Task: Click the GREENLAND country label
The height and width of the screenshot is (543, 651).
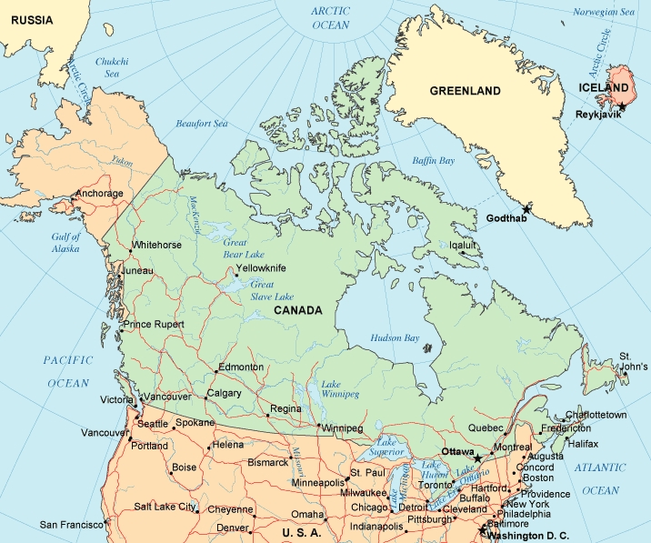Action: coord(465,91)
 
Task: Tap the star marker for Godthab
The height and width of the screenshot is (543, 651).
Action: coord(526,209)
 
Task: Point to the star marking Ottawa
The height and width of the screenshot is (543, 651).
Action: coord(477,457)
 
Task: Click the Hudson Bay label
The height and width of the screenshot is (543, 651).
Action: coord(395,338)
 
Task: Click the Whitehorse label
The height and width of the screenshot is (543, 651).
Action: coord(157,245)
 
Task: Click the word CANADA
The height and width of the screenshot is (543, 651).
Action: coord(297,310)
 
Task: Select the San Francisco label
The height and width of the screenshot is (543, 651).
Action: coord(69,525)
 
